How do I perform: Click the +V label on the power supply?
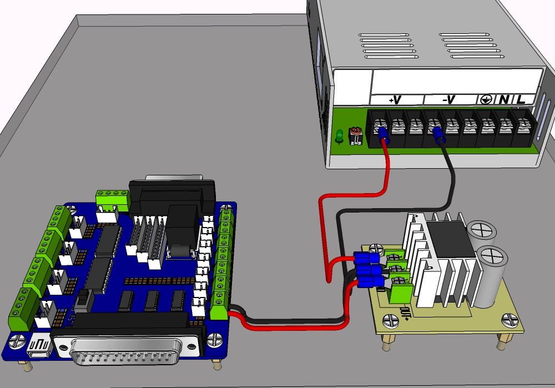point(395,100)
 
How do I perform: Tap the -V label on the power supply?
point(449,100)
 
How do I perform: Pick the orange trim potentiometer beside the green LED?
point(355,135)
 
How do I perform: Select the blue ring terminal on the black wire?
point(437,134)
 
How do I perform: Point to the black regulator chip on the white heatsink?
point(445,239)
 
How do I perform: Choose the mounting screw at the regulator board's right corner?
point(508,320)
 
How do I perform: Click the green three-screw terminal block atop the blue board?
point(113,197)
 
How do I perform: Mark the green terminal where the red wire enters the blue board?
point(220,308)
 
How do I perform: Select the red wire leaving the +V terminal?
point(387,167)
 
